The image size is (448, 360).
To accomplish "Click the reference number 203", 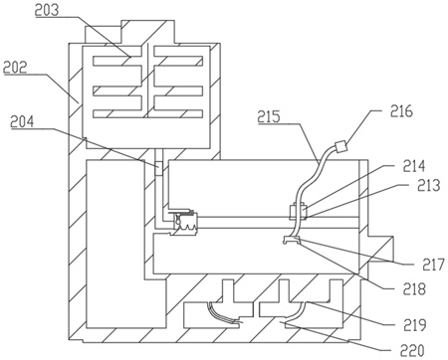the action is coord(47,10).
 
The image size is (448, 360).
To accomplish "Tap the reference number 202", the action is coord(15,67).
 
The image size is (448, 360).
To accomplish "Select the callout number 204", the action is coord(22,121).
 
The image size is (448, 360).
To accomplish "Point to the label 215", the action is coord(269,116).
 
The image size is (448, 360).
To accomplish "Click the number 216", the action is coord(401,111).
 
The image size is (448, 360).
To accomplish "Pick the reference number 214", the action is coord(414,166).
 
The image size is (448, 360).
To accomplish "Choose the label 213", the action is coord(429,185).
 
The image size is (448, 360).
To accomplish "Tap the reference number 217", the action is coord(433,265).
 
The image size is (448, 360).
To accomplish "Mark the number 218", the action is coord(414,288).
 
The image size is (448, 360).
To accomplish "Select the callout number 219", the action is coord(415,324).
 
